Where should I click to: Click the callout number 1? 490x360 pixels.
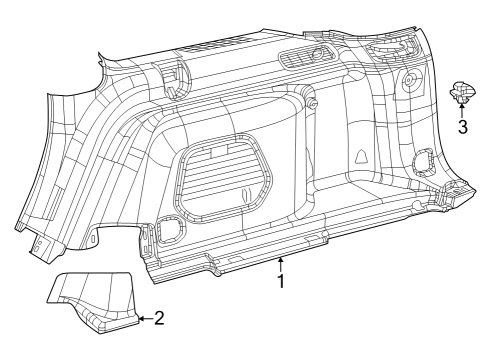coord(281,282)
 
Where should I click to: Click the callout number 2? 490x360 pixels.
coord(158,319)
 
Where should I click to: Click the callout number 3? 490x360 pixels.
coord(463,127)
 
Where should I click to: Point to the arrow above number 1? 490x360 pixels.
coord(281,264)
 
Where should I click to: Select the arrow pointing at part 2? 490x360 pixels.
coord(143,319)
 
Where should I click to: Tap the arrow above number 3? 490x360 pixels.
coord(463,110)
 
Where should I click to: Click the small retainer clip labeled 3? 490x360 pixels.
coord(463,92)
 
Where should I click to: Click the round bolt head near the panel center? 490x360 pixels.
coord(312,104)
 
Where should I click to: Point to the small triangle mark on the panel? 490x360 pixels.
coord(358,157)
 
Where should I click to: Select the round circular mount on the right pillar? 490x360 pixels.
coord(410,80)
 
